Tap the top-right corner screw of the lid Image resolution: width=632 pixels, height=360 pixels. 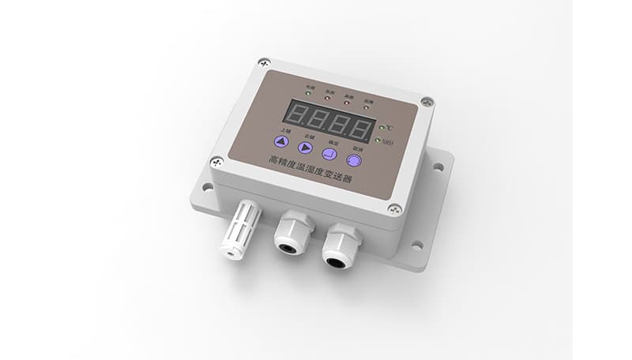point(427,102)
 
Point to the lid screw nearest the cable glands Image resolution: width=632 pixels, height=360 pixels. point(394,209)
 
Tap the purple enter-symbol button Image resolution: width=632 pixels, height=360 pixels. point(329,154)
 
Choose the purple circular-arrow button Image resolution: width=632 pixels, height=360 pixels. point(355,161)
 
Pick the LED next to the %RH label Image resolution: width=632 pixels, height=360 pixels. point(378,141)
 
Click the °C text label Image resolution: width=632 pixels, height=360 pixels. point(389,128)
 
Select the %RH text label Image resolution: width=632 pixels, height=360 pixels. point(387,143)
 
